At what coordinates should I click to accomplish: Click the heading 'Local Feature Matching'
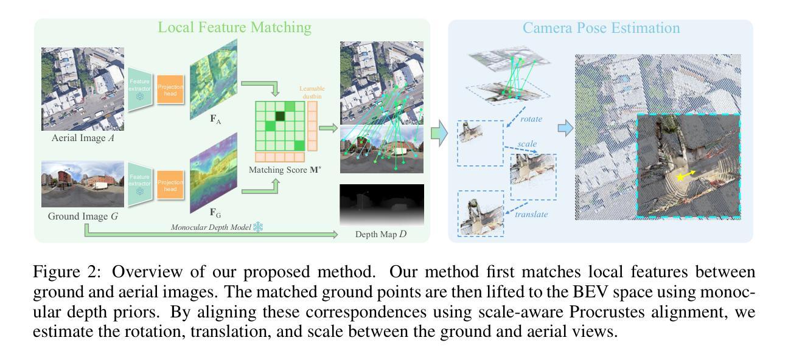pyautogui.click(x=234, y=27)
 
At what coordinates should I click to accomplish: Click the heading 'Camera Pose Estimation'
pyautogui.click(x=601, y=28)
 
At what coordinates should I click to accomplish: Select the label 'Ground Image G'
pyautogui.click(x=83, y=215)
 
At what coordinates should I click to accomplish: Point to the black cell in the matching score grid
pyautogui.click(x=280, y=116)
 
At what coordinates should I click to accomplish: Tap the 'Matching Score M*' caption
pyautogui.click(x=285, y=170)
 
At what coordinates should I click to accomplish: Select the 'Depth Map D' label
pyautogui.click(x=382, y=233)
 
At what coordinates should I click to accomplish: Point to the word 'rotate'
pyautogui.click(x=531, y=119)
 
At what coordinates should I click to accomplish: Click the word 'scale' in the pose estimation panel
pyautogui.click(x=527, y=145)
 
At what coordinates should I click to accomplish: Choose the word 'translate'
pyautogui.click(x=531, y=214)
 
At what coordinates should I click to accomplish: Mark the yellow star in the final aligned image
pyautogui.click(x=680, y=178)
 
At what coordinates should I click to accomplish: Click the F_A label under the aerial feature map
pyautogui.click(x=215, y=119)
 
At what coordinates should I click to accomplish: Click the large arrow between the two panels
pyautogui.click(x=439, y=133)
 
